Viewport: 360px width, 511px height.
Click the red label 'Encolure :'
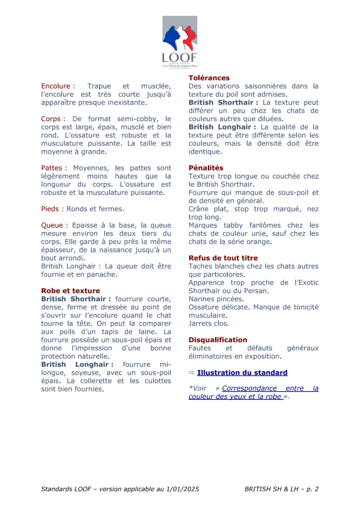[x=58, y=86]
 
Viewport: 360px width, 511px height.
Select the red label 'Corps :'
[x=53, y=119]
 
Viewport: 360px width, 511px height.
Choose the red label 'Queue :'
[x=54, y=225]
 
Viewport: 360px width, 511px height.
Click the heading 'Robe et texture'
[x=70, y=290]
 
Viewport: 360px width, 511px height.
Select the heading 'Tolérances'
[x=209, y=78]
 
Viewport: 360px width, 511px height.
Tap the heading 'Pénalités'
[x=206, y=168]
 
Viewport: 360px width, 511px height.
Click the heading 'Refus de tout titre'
[x=223, y=258]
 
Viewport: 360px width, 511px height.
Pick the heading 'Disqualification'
[x=218, y=340]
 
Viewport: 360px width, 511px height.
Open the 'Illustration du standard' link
[x=242, y=372]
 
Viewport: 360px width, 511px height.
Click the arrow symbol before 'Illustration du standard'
[x=191, y=372]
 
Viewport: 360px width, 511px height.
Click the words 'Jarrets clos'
[x=209, y=323]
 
